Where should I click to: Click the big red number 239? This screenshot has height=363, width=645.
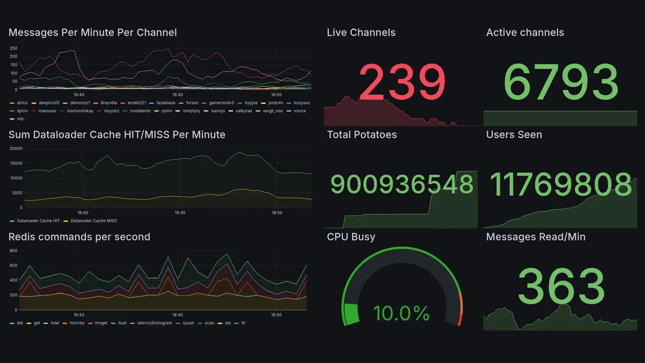point(402,83)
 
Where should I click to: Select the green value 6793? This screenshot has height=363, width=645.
point(561,83)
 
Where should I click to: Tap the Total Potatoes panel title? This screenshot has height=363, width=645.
point(362,135)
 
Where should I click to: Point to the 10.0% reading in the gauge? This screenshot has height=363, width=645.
point(401,314)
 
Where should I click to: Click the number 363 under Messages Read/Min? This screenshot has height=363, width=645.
point(561,286)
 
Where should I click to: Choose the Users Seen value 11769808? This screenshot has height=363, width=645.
point(561,184)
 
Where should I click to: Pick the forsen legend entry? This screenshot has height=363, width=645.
point(192,103)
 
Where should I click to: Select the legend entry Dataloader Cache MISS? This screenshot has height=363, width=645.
point(94,221)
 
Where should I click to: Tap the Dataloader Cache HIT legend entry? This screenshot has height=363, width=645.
point(38,221)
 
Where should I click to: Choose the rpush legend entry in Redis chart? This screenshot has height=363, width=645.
point(188,323)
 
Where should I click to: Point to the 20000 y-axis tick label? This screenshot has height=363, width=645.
point(16,149)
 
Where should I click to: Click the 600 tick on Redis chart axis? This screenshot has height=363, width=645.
point(14,266)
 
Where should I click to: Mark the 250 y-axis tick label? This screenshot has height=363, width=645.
point(14,48)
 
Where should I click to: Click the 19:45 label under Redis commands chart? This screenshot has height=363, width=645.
point(177,315)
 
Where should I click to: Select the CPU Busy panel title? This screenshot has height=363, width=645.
point(351,237)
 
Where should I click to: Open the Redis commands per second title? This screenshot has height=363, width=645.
point(79,237)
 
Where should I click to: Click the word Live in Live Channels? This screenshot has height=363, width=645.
point(337,33)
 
